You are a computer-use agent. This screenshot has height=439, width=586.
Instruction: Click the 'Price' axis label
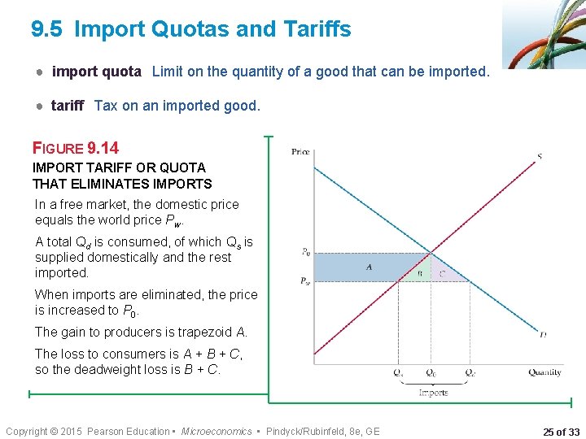(300, 151)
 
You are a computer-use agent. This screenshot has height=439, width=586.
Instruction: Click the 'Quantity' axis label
(544, 372)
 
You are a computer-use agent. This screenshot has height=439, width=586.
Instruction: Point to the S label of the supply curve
(540, 156)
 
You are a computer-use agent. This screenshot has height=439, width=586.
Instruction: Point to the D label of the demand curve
(543, 333)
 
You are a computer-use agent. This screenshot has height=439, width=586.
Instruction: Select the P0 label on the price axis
(304, 252)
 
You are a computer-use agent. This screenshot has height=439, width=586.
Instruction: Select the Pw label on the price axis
(304, 281)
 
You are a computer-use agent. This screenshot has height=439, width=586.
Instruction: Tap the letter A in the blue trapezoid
(369, 267)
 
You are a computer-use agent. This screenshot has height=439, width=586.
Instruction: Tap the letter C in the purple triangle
(442, 274)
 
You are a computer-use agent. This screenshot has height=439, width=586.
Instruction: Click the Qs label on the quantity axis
(398, 373)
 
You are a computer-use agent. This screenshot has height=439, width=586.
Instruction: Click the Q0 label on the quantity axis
(433, 373)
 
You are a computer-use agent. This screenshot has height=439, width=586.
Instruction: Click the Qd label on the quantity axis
(470, 373)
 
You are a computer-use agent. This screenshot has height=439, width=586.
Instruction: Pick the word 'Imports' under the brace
(433, 393)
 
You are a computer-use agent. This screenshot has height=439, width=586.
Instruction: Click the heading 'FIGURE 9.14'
(75, 148)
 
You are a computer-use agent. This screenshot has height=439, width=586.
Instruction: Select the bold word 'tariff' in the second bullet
(68, 105)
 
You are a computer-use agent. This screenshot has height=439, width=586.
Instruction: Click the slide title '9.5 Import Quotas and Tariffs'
(191, 30)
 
